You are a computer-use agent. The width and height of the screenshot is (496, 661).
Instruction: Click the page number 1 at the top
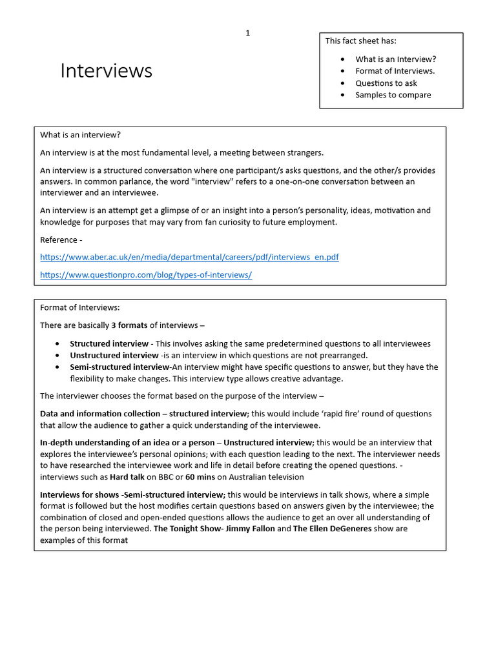(x=247, y=34)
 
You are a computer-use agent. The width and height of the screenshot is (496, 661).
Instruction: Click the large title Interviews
(x=107, y=70)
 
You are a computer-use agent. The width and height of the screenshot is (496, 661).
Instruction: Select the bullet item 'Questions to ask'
(x=386, y=83)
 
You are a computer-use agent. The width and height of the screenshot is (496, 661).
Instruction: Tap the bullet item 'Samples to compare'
(x=393, y=95)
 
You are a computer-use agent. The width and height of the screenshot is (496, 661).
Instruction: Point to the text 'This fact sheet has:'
(x=360, y=41)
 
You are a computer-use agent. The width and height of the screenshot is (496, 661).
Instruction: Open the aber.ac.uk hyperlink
(x=189, y=257)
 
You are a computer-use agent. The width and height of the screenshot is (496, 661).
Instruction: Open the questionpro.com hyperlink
(x=146, y=274)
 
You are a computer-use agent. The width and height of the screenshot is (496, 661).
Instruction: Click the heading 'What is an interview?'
(x=81, y=135)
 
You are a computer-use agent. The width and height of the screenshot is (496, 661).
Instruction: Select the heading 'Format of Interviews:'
(x=80, y=307)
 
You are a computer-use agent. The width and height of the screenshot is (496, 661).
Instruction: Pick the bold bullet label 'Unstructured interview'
(x=114, y=355)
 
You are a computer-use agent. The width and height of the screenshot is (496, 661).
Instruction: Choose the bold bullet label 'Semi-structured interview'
(x=119, y=367)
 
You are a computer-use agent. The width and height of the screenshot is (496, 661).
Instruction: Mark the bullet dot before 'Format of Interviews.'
(x=342, y=72)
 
